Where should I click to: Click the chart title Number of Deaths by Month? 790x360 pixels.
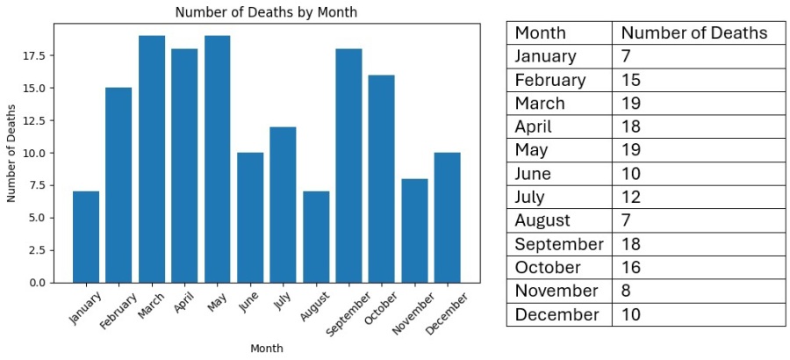(266, 12)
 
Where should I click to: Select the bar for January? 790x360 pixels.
(86, 236)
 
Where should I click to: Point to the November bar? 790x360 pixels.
(414, 230)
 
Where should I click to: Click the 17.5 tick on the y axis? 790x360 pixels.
(34, 55)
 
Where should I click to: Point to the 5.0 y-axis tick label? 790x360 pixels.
(37, 218)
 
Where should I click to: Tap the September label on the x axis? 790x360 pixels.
(344, 315)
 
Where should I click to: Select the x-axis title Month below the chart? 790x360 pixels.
(266, 349)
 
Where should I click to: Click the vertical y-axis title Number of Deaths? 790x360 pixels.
(11, 153)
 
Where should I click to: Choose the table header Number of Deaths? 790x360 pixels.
(693, 33)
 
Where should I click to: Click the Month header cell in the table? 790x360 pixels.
(540, 33)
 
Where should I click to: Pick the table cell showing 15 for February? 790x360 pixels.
(631, 80)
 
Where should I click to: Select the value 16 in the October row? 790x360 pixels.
(631, 268)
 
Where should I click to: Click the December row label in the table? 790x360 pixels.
(557, 314)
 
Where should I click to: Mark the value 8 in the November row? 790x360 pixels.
(626, 291)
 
